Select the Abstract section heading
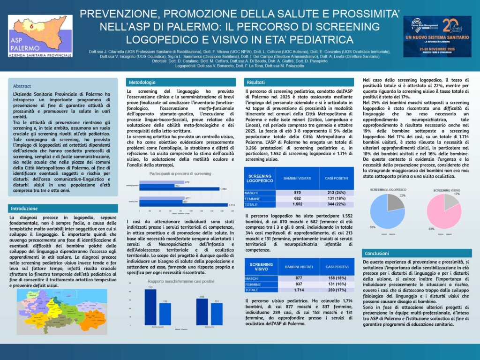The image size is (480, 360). point(22,86)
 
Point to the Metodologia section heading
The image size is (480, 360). point(142,82)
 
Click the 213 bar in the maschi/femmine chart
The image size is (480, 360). point(150,307)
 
